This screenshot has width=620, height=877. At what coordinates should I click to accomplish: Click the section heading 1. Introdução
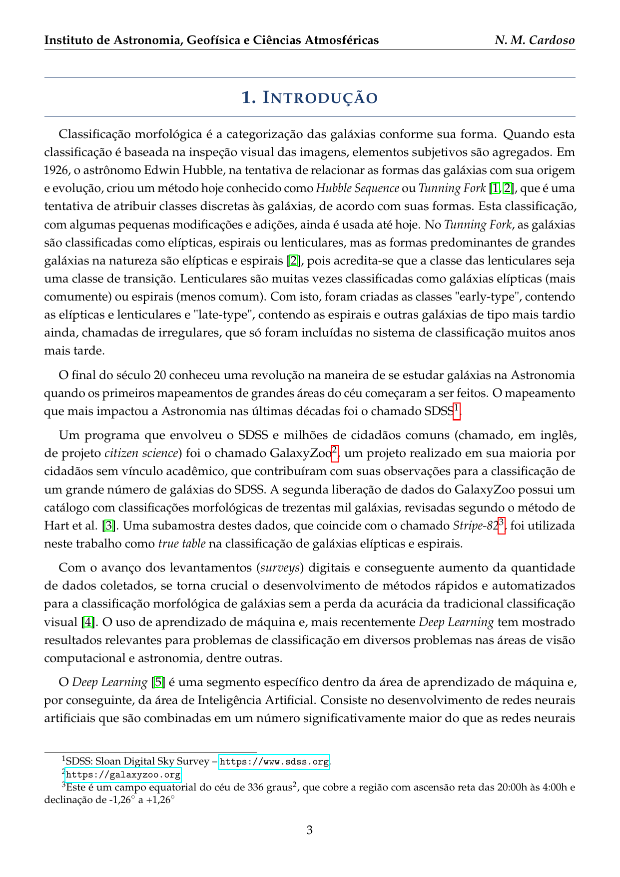(x=310, y=97)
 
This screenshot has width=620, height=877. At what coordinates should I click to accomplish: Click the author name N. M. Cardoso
(x=535, y=40)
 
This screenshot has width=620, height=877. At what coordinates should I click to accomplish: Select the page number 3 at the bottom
(x=310, y=830)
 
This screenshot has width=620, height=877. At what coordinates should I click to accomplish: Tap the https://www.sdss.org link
(x=274, y=761)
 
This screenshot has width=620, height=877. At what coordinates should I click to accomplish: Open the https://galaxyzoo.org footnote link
(x=123, y=774)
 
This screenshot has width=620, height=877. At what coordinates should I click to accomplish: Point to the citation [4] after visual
(x=88, y=622)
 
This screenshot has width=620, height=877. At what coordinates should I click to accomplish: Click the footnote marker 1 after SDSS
(x=456, y=408)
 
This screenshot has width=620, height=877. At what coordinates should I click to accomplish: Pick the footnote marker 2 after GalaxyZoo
(x=335, y=450)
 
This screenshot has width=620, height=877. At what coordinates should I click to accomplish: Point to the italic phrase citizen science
(x=141, y=453)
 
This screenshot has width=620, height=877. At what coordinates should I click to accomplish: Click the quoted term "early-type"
(x=485, y=296)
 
